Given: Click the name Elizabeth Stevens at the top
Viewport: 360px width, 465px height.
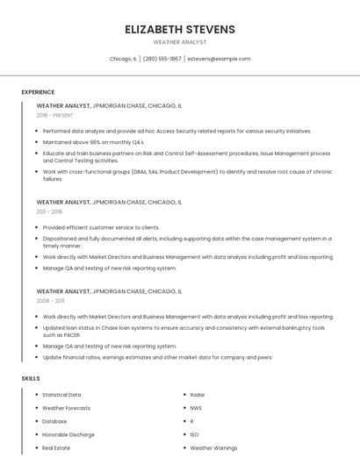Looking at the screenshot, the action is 180,29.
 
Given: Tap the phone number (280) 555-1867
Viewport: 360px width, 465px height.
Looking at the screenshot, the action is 162,59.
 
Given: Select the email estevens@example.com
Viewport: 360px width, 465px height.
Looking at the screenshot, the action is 220,59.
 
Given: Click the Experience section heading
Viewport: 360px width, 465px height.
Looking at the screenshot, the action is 38,92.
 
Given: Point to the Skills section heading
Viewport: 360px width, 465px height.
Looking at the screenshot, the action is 31,378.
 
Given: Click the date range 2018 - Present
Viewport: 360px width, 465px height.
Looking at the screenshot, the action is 54,115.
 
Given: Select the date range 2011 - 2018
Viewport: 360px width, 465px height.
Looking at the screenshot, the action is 49,212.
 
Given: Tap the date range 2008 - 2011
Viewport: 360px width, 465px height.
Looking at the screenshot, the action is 50,301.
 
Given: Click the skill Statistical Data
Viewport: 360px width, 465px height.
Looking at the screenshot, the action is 61,395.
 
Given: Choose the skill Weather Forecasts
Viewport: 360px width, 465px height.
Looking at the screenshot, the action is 66,408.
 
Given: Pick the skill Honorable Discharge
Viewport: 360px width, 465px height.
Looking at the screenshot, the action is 68,434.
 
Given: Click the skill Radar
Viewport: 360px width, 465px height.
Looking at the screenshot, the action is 198,395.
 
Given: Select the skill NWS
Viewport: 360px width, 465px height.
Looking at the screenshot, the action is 196,408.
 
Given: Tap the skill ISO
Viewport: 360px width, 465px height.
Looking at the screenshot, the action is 194,434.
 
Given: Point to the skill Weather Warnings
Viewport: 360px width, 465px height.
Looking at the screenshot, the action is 213,447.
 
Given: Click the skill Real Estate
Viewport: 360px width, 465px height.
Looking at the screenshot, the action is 56,447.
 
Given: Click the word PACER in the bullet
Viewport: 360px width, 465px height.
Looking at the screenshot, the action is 71,335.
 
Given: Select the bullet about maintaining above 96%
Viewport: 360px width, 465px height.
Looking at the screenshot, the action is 93,141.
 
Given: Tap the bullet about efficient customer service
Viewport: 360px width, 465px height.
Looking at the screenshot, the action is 101,227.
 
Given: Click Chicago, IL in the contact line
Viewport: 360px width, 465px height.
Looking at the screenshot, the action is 123,59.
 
